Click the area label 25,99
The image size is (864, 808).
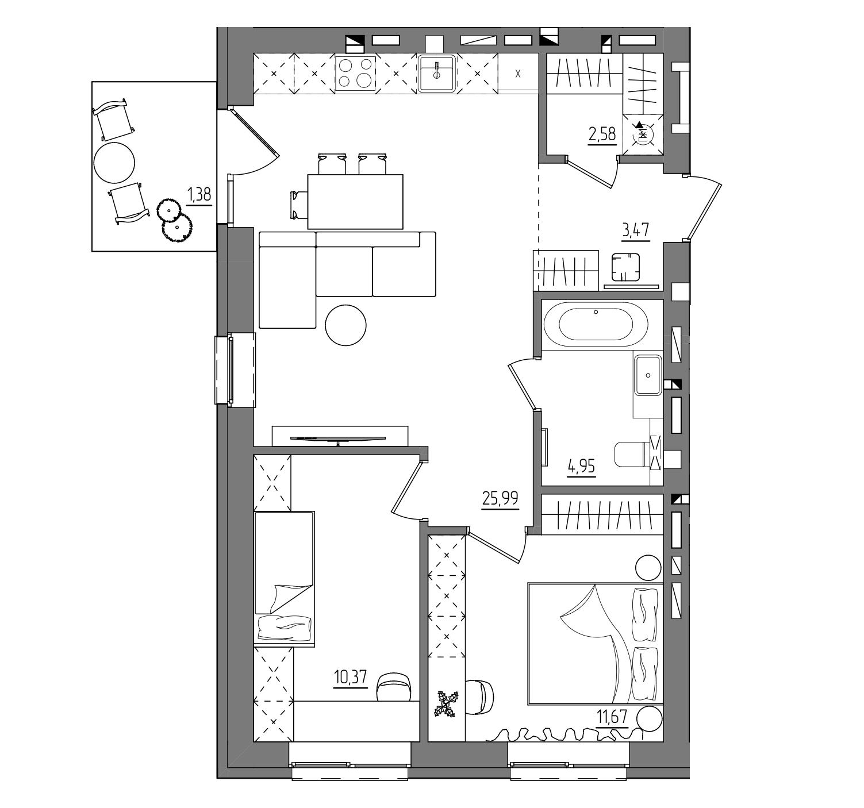[500, 498]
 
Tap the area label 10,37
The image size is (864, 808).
[350, 678]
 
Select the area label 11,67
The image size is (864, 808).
[612, 717]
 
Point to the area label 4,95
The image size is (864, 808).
[581, 467]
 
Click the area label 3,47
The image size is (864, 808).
[636, 230]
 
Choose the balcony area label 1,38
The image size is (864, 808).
[199, 194]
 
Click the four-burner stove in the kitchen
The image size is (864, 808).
[355, 74]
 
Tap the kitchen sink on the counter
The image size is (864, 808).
[436, 73]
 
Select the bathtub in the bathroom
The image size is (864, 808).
[596, 325]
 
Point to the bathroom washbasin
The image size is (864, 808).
[648, 375]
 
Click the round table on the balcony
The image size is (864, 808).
[114, 163]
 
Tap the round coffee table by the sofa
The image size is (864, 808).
[346, 325]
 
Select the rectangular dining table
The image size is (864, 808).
[355, 202]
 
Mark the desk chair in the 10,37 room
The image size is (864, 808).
[394, 687]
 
